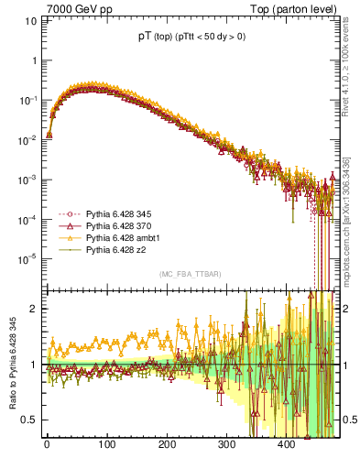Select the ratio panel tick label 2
[33, 309]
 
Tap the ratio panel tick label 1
[33, 365]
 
